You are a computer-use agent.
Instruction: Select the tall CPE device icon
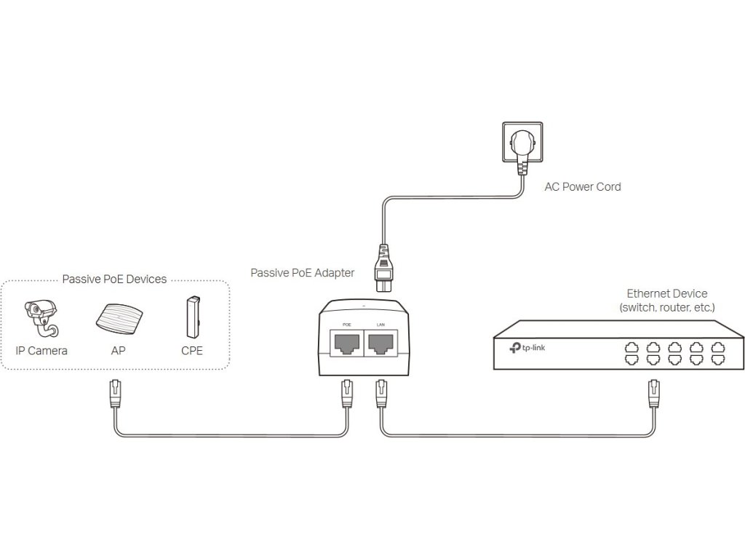pos(192,317)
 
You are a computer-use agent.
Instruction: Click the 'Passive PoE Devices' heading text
pos(114,279)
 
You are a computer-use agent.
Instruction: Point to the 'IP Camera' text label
pos(41,351)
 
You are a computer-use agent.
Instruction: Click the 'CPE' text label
pos(192,351)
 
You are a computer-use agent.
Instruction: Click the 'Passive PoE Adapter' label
pos(302,273)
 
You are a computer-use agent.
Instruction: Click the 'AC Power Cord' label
pos(583,187)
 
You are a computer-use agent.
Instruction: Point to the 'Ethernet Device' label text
pos(667,293)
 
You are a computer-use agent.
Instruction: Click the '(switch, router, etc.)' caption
pos(667,308)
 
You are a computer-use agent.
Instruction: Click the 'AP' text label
pos(118,351)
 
